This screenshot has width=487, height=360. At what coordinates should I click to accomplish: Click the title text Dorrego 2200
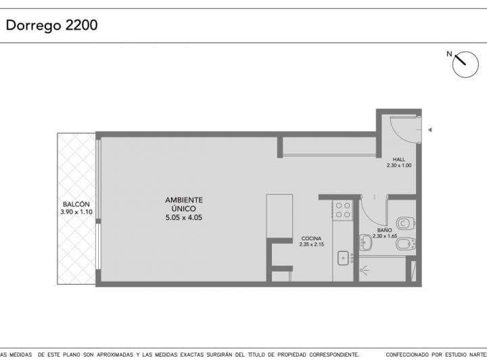point(52,26)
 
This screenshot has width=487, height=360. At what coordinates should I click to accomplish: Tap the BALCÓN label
point(76,204)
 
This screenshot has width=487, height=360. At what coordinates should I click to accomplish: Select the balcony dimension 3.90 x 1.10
point(76,212)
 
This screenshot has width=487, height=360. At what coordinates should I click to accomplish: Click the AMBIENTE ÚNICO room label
point(184,204)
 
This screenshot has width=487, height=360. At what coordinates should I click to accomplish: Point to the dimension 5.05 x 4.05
point(184,218)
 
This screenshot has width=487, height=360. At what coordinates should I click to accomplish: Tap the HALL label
point(399,160)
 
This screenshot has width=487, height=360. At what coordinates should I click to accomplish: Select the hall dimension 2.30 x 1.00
point(399,165)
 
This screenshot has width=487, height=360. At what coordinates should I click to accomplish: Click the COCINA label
point(311,239)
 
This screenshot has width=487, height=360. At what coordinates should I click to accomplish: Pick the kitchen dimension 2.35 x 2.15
point(311,244)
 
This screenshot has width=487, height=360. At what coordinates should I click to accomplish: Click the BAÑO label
point(384,230)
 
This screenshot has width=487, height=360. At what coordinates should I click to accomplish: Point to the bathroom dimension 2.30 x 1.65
point(384,235)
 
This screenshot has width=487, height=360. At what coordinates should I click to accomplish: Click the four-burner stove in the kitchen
point(343,210)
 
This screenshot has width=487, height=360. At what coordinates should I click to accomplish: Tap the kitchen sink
point(343,256)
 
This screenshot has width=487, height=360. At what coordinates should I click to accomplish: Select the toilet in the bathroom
point(404,222)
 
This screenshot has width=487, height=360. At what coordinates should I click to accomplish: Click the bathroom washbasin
point(366,244)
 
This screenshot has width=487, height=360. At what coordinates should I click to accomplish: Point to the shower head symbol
point(366,270)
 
